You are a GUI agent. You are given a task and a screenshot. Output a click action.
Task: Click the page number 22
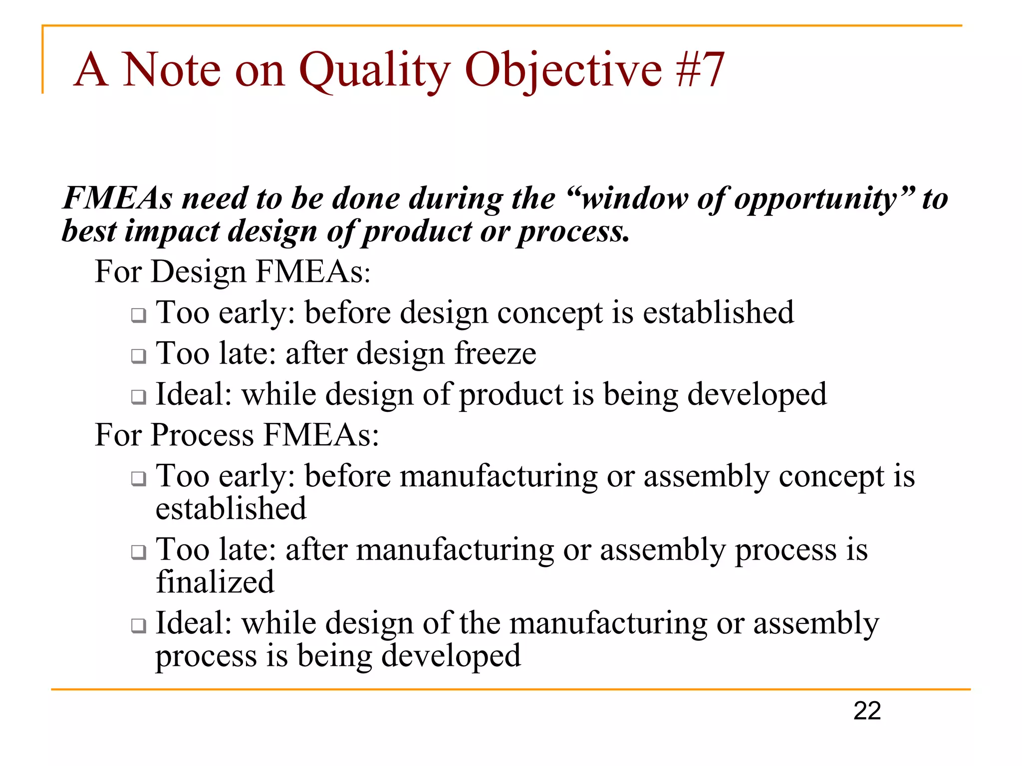tap(867, 711)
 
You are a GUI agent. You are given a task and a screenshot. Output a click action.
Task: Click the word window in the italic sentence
tap(634, 198)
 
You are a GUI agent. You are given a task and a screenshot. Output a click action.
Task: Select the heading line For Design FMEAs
tap(233, 272)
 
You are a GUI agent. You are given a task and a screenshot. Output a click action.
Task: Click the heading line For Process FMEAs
tap(237, 435)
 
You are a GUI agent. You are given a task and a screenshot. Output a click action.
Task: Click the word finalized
tap(215, 581)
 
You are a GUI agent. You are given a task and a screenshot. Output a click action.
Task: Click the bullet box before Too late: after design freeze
tap(139, 356)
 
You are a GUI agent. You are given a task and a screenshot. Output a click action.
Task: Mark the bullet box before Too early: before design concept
tap(139, 315)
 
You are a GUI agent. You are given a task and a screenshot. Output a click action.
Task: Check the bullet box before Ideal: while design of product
tap(139, 397)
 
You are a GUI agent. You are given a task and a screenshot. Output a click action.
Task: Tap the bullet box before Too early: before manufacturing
tap(139, 479)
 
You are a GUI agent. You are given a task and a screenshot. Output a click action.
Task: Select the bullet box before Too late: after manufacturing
tap(139, 552)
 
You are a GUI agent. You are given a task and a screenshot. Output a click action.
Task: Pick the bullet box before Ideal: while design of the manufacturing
tap(139, 625)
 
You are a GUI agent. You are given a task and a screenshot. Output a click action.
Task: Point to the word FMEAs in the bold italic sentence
tap(118, 198)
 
